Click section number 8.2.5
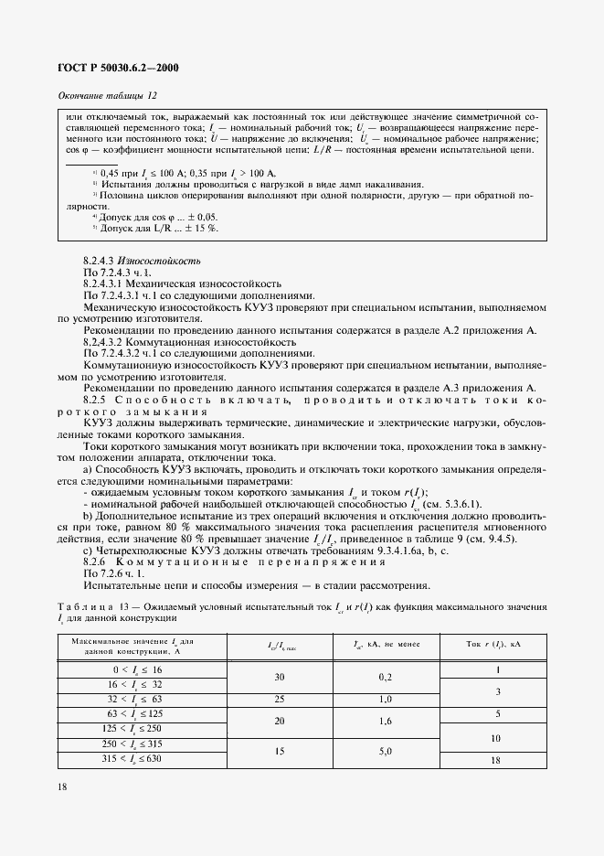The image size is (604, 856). coord(96,399)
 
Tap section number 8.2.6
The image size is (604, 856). coord(96,561)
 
